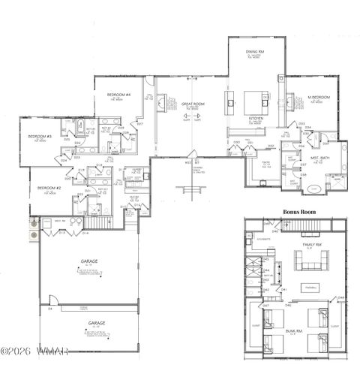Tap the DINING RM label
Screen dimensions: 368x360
256,53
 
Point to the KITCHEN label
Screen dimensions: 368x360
256,118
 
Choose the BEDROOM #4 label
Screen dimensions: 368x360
118,95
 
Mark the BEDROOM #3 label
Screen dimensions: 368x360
39,136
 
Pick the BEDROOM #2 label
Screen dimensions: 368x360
49,188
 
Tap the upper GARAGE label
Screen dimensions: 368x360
89,261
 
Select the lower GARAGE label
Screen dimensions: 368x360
96,321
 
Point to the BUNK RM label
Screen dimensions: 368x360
294,331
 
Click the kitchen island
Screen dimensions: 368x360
254,98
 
